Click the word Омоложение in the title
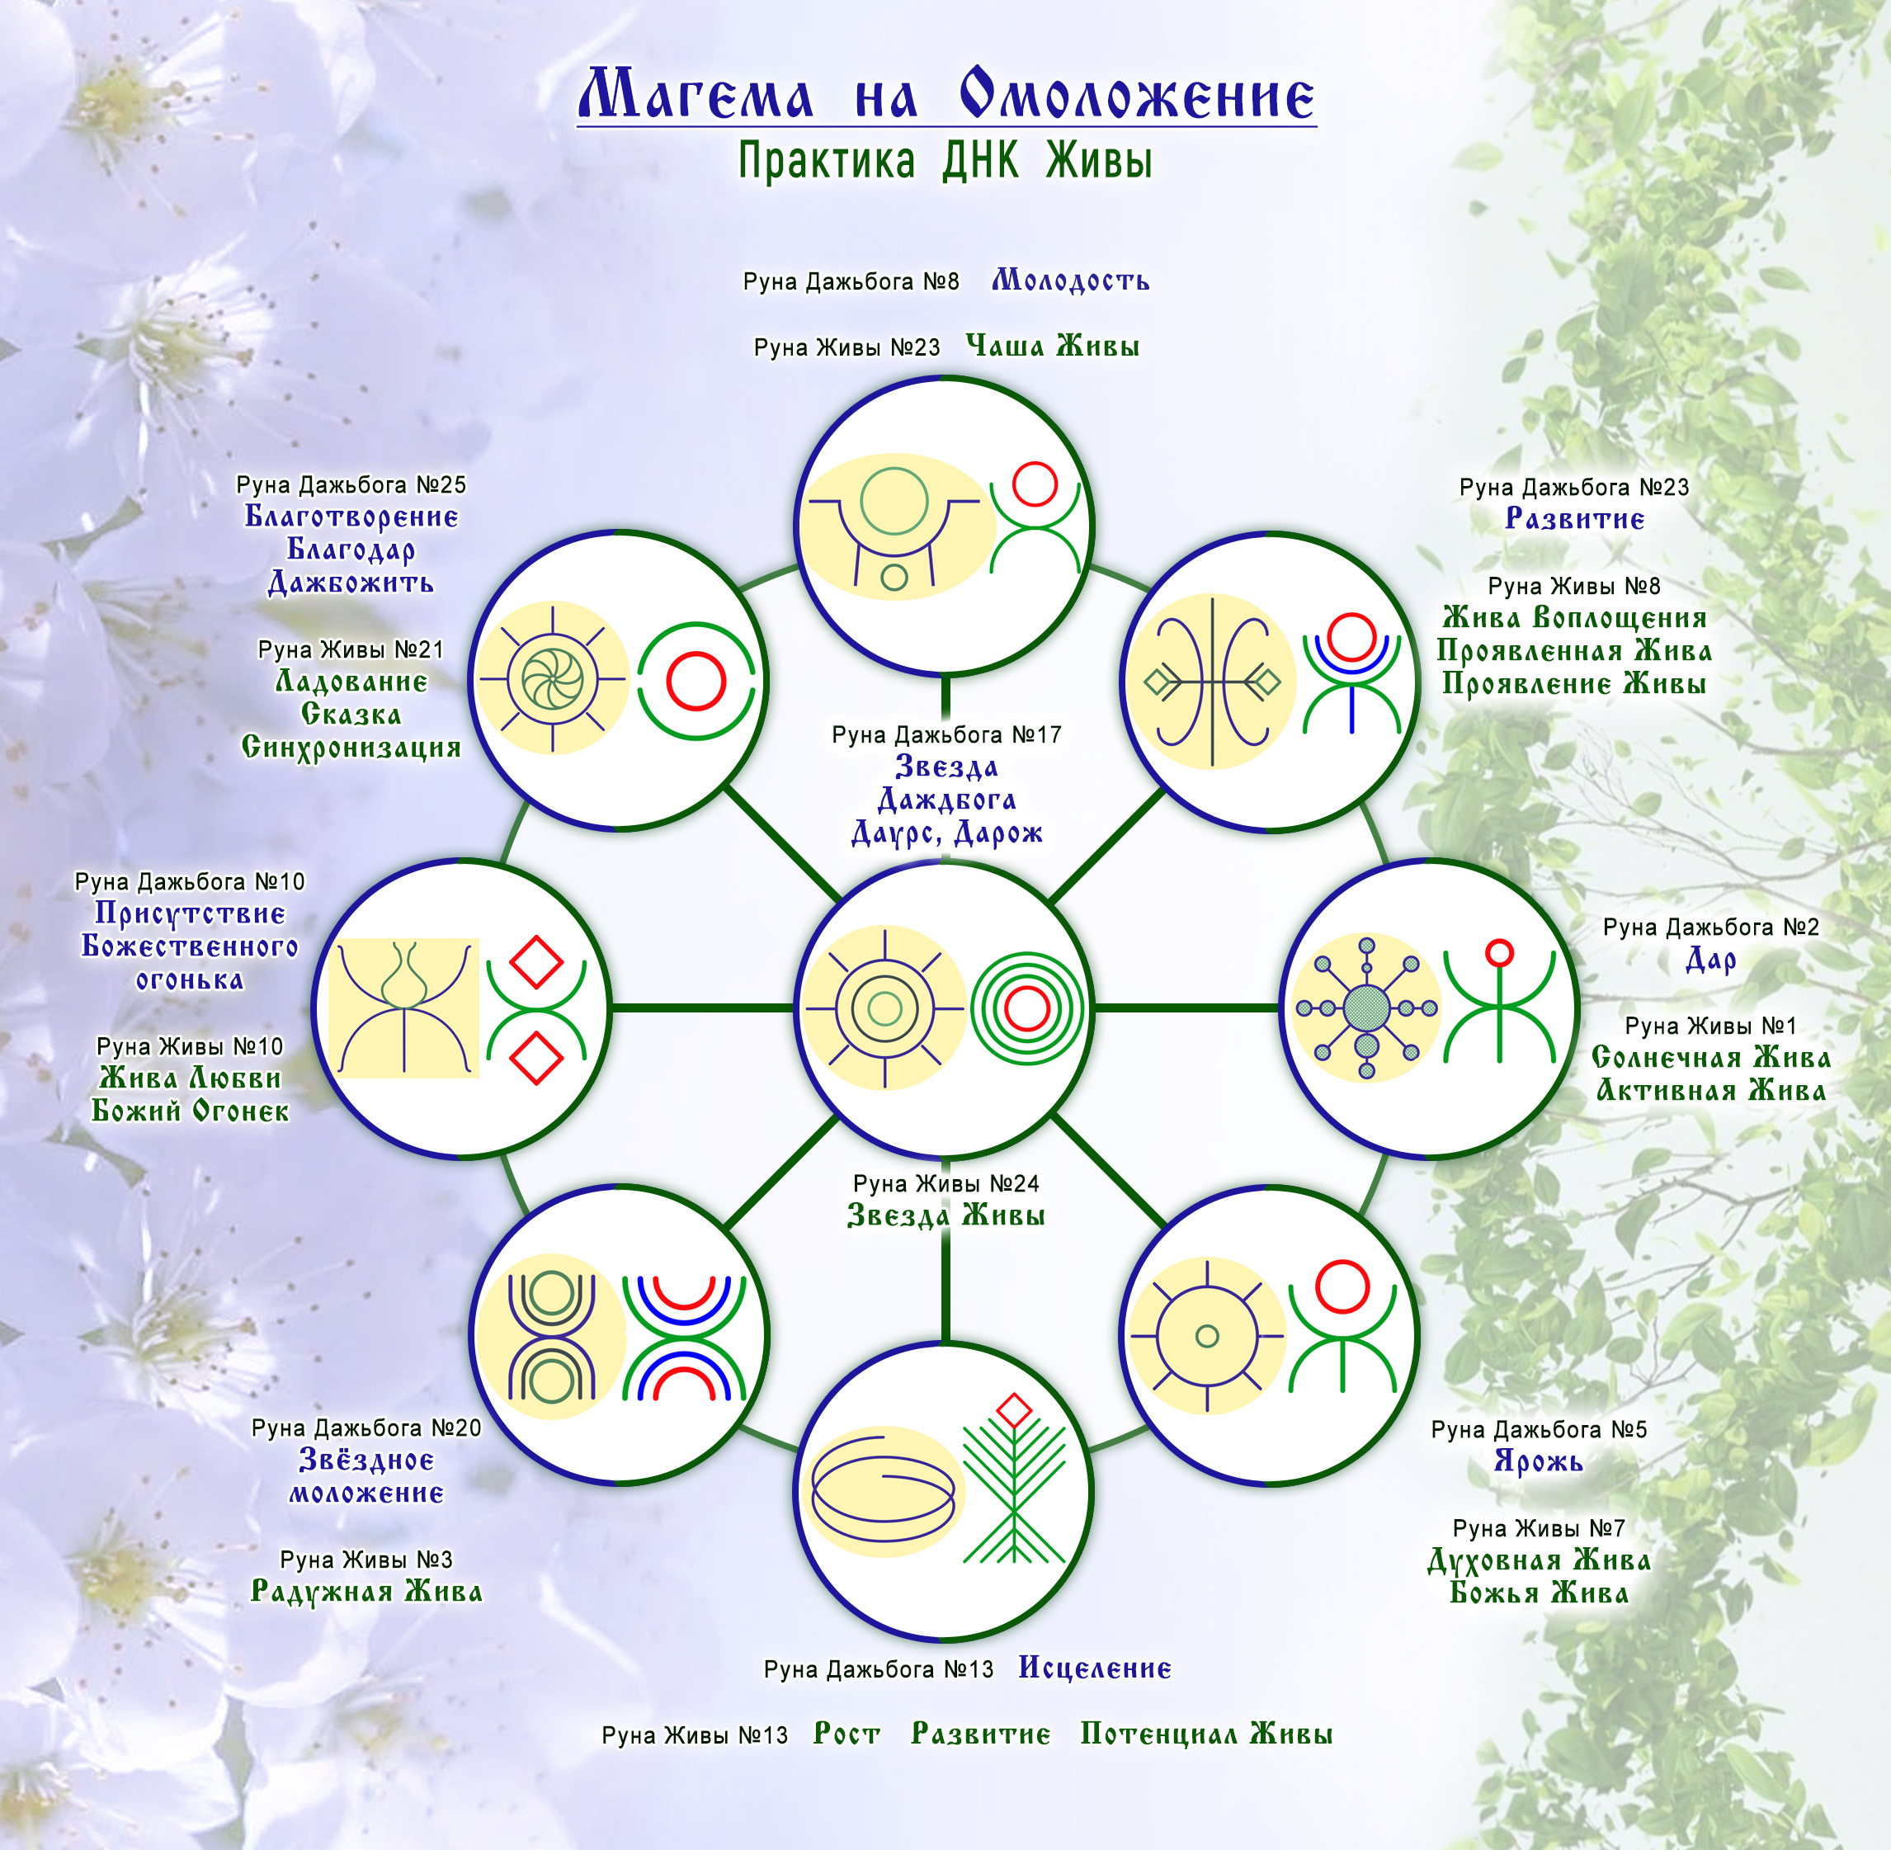pos(1137,95)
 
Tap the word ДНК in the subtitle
pos(980,160)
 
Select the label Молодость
pos(1070,281)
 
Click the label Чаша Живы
pos(1053,346)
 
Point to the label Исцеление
pos(1094,1668)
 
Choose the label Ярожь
pos(1538,1461)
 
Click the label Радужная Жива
pos(366,1592)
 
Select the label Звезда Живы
pos(945,1215)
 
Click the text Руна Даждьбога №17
pos(945,734)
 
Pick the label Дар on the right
pos(1710,960)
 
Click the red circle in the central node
pos(1026,1008)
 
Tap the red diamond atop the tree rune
pos(1015,1410)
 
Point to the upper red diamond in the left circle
pos(536,961)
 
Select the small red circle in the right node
pos(1499,952)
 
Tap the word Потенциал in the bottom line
pos(1158,1734)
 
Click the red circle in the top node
pos(1034,484)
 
